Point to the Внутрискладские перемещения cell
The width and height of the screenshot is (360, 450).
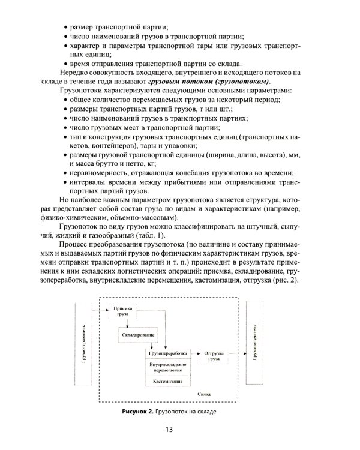[x=167, y=368]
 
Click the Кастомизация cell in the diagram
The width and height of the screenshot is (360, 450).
[x=167, y=382]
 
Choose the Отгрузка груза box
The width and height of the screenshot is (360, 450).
[x=215, y=356]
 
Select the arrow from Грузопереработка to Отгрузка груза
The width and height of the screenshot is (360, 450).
[x=193, y=354]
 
